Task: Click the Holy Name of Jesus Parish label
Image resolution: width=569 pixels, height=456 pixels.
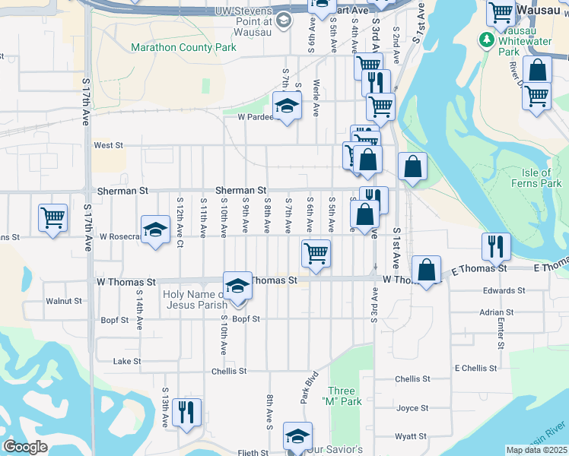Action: tap(197, 300)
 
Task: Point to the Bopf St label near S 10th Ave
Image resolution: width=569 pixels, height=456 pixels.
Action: tap(246, 319)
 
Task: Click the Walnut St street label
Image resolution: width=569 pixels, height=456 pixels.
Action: tap(63, 301)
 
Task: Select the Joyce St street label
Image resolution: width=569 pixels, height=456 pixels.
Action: tap(412, 408)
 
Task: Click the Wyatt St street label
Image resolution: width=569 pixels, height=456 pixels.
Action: tap(410, 437)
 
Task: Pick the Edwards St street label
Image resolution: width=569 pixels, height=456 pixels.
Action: tap(504, 290)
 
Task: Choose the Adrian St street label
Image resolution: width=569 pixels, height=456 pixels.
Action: tap(497, 312)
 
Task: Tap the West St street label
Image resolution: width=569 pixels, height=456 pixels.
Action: tap(108, 145)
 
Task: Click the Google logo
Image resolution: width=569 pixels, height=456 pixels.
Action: tap(25, 447)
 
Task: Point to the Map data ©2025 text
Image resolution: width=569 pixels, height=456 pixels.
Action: tap(537, 450)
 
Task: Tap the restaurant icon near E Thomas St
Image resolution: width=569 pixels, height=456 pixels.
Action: tap(495, 247)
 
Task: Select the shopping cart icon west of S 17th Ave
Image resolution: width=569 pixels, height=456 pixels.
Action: tap(52, 218)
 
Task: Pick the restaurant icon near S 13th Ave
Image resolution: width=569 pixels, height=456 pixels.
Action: tap(186, 413)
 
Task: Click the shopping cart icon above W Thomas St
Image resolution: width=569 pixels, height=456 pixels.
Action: tap(316, 253)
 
